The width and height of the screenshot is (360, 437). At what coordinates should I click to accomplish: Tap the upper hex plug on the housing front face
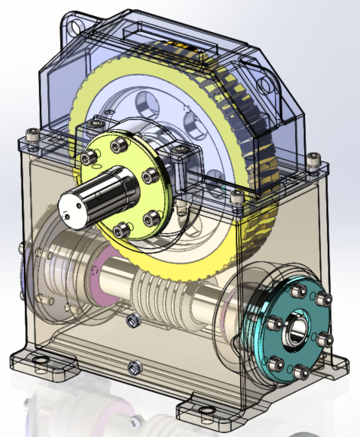point(132,318)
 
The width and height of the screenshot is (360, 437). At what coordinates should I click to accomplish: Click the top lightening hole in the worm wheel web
point(145,99)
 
